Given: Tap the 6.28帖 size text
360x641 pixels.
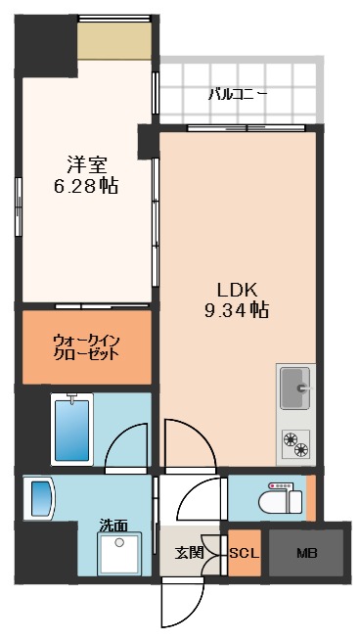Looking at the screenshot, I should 86,186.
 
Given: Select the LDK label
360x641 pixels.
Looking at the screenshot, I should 236,290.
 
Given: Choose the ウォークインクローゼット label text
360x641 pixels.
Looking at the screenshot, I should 86,346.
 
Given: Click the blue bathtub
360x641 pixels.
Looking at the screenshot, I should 71,429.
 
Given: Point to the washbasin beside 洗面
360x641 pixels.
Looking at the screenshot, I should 42,497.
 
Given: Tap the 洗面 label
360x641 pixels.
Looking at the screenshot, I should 113,526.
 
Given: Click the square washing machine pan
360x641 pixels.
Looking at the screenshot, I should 120,554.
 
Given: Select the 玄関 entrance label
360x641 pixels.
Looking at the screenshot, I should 189,553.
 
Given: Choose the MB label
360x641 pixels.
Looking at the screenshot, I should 305,553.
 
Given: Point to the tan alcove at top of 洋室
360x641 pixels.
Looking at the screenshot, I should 114,40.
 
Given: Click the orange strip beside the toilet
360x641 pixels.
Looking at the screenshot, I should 311,498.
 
